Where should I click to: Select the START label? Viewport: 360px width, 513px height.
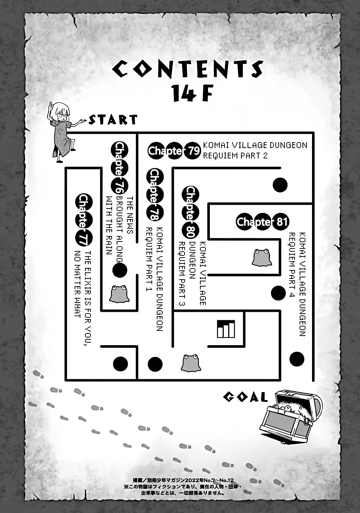113,119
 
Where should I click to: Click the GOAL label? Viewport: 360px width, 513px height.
245,397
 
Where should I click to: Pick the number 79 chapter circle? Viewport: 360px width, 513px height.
192,151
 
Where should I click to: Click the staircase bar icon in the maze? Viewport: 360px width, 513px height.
226,328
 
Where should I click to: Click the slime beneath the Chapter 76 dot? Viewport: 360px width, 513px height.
119,294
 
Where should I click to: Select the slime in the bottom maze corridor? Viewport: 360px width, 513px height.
190,363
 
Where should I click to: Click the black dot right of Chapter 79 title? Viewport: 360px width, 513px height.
281,185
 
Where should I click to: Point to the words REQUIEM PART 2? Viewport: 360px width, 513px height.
241,155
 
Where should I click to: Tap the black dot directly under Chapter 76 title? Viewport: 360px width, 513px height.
119,270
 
